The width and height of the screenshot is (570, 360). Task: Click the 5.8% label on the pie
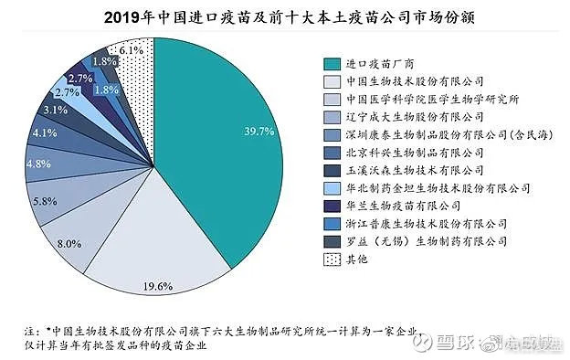click(x=46, y=200)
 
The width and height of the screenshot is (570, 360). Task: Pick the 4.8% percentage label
click(x=37, y=164)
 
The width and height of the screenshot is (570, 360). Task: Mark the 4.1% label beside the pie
click(x=44, y=133)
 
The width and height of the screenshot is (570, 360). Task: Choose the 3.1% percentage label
click(x=56, y=111)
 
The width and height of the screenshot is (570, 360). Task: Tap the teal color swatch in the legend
click(x=333, y=64)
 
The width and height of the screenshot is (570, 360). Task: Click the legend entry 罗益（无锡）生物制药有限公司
click(x=427, y=241)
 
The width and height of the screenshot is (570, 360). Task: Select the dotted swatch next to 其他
click(x=333, y=259)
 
